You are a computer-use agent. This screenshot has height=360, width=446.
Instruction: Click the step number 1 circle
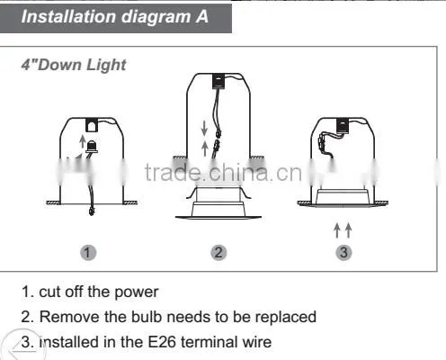(88, 252)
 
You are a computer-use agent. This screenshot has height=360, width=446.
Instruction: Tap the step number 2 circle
(219, 252)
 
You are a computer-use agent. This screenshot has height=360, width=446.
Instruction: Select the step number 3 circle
(343, 252)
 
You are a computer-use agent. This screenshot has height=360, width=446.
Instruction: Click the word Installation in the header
(68, 16)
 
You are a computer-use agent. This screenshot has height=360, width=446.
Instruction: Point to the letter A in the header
(202, 16)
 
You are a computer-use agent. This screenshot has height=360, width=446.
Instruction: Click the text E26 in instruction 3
(162, 342)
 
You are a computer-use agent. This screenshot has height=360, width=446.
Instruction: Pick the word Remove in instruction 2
(69, 317)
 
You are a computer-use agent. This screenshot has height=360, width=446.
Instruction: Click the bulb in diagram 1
(92, 147)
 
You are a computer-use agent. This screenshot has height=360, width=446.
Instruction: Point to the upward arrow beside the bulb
(82, 141)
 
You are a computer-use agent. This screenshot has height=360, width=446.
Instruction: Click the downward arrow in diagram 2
(204, 128)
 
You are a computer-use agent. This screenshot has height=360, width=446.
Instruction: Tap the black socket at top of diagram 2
(219, 81)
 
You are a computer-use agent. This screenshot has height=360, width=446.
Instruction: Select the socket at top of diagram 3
(343, 126)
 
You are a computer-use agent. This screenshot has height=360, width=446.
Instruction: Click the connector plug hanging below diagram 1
(91, 211)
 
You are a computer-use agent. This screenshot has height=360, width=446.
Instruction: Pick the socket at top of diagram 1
(92, 125)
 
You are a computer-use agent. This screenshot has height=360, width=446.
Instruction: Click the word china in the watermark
(238, 173)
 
